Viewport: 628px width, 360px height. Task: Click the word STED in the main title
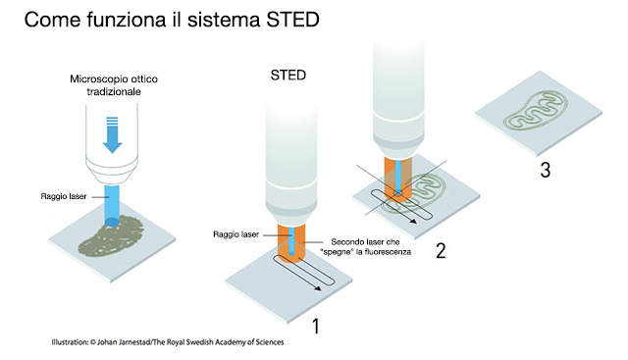(x=292, y=20)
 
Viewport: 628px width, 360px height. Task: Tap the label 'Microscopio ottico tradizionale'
(x=114, y=85)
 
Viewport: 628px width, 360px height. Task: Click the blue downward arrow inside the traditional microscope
(x=113, y=134)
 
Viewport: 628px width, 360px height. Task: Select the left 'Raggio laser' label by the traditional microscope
(x=64, y=196)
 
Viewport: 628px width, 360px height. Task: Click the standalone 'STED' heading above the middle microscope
(x=288, y=75)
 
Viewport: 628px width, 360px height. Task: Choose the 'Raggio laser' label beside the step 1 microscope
(x=235, y=234)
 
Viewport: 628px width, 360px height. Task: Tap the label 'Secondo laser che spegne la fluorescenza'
(x=365, y=246)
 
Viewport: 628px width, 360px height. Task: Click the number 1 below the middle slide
(x=316, y=326)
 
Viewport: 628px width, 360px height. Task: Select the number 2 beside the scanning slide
(x=441, y=251)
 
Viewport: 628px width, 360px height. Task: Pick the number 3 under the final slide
(x=546, y=170)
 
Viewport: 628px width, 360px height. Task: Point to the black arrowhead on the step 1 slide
(x=317, y=287)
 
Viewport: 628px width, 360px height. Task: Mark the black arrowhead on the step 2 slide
(x=412, y=220)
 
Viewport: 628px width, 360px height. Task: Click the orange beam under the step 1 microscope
(x=291, y=243)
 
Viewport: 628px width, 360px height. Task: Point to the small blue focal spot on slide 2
(x=397, y=193)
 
